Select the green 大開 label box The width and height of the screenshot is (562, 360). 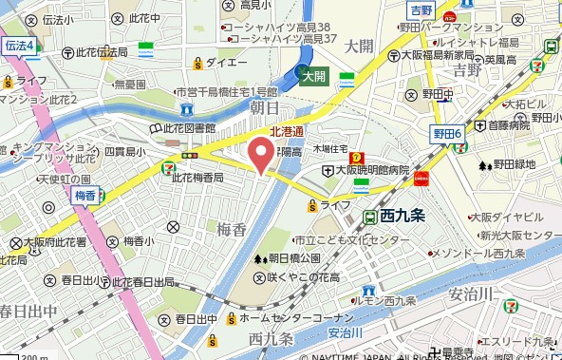(x=314, y=77)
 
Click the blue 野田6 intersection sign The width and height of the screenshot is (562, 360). (x=446, y=134)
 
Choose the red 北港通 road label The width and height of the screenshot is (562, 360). (x=286, y=132)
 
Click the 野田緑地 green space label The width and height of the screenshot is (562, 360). (x=513, y=167)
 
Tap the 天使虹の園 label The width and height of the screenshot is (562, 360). (x=65, y=180)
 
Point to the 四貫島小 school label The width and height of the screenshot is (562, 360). (x=124, y=152)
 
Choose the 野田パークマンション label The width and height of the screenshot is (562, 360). (x=484, y=28)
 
